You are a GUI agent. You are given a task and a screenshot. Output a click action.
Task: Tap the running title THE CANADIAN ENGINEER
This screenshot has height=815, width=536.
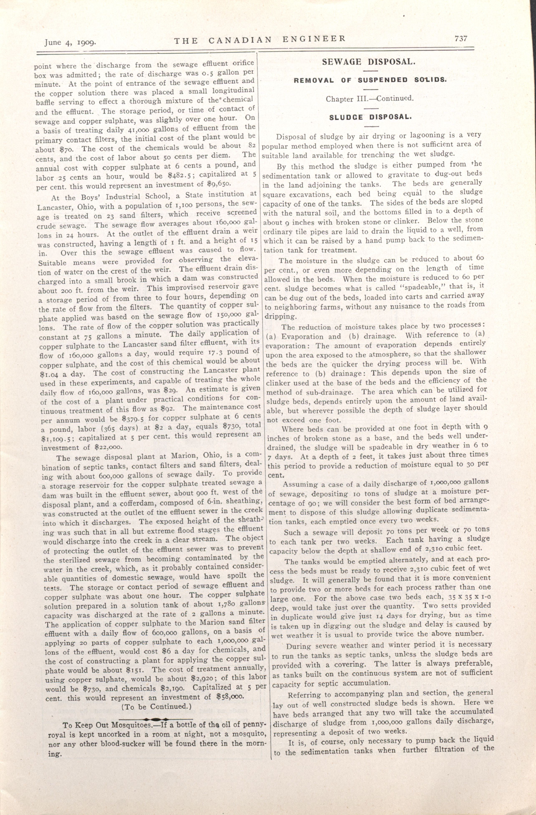point(260,40)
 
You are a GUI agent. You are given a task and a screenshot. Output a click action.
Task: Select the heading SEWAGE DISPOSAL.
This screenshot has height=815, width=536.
point(369,62)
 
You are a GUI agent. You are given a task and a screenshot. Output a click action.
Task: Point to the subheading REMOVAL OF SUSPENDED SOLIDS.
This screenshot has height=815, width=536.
point(370,80)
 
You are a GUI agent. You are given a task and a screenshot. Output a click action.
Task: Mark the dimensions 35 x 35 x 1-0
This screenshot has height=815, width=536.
point(469,596)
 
